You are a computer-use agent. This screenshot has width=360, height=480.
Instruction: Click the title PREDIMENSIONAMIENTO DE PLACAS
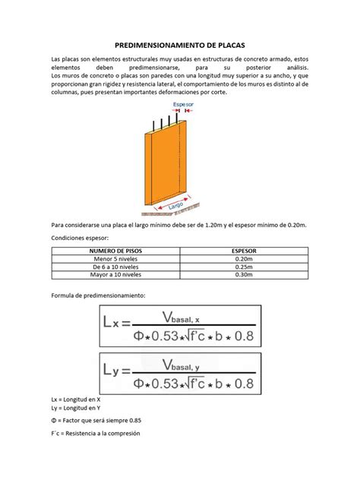pyautogui.click(x=180, y=44)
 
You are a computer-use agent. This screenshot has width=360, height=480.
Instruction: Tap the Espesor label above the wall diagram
pyautogui.click(x=183, y=104)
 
